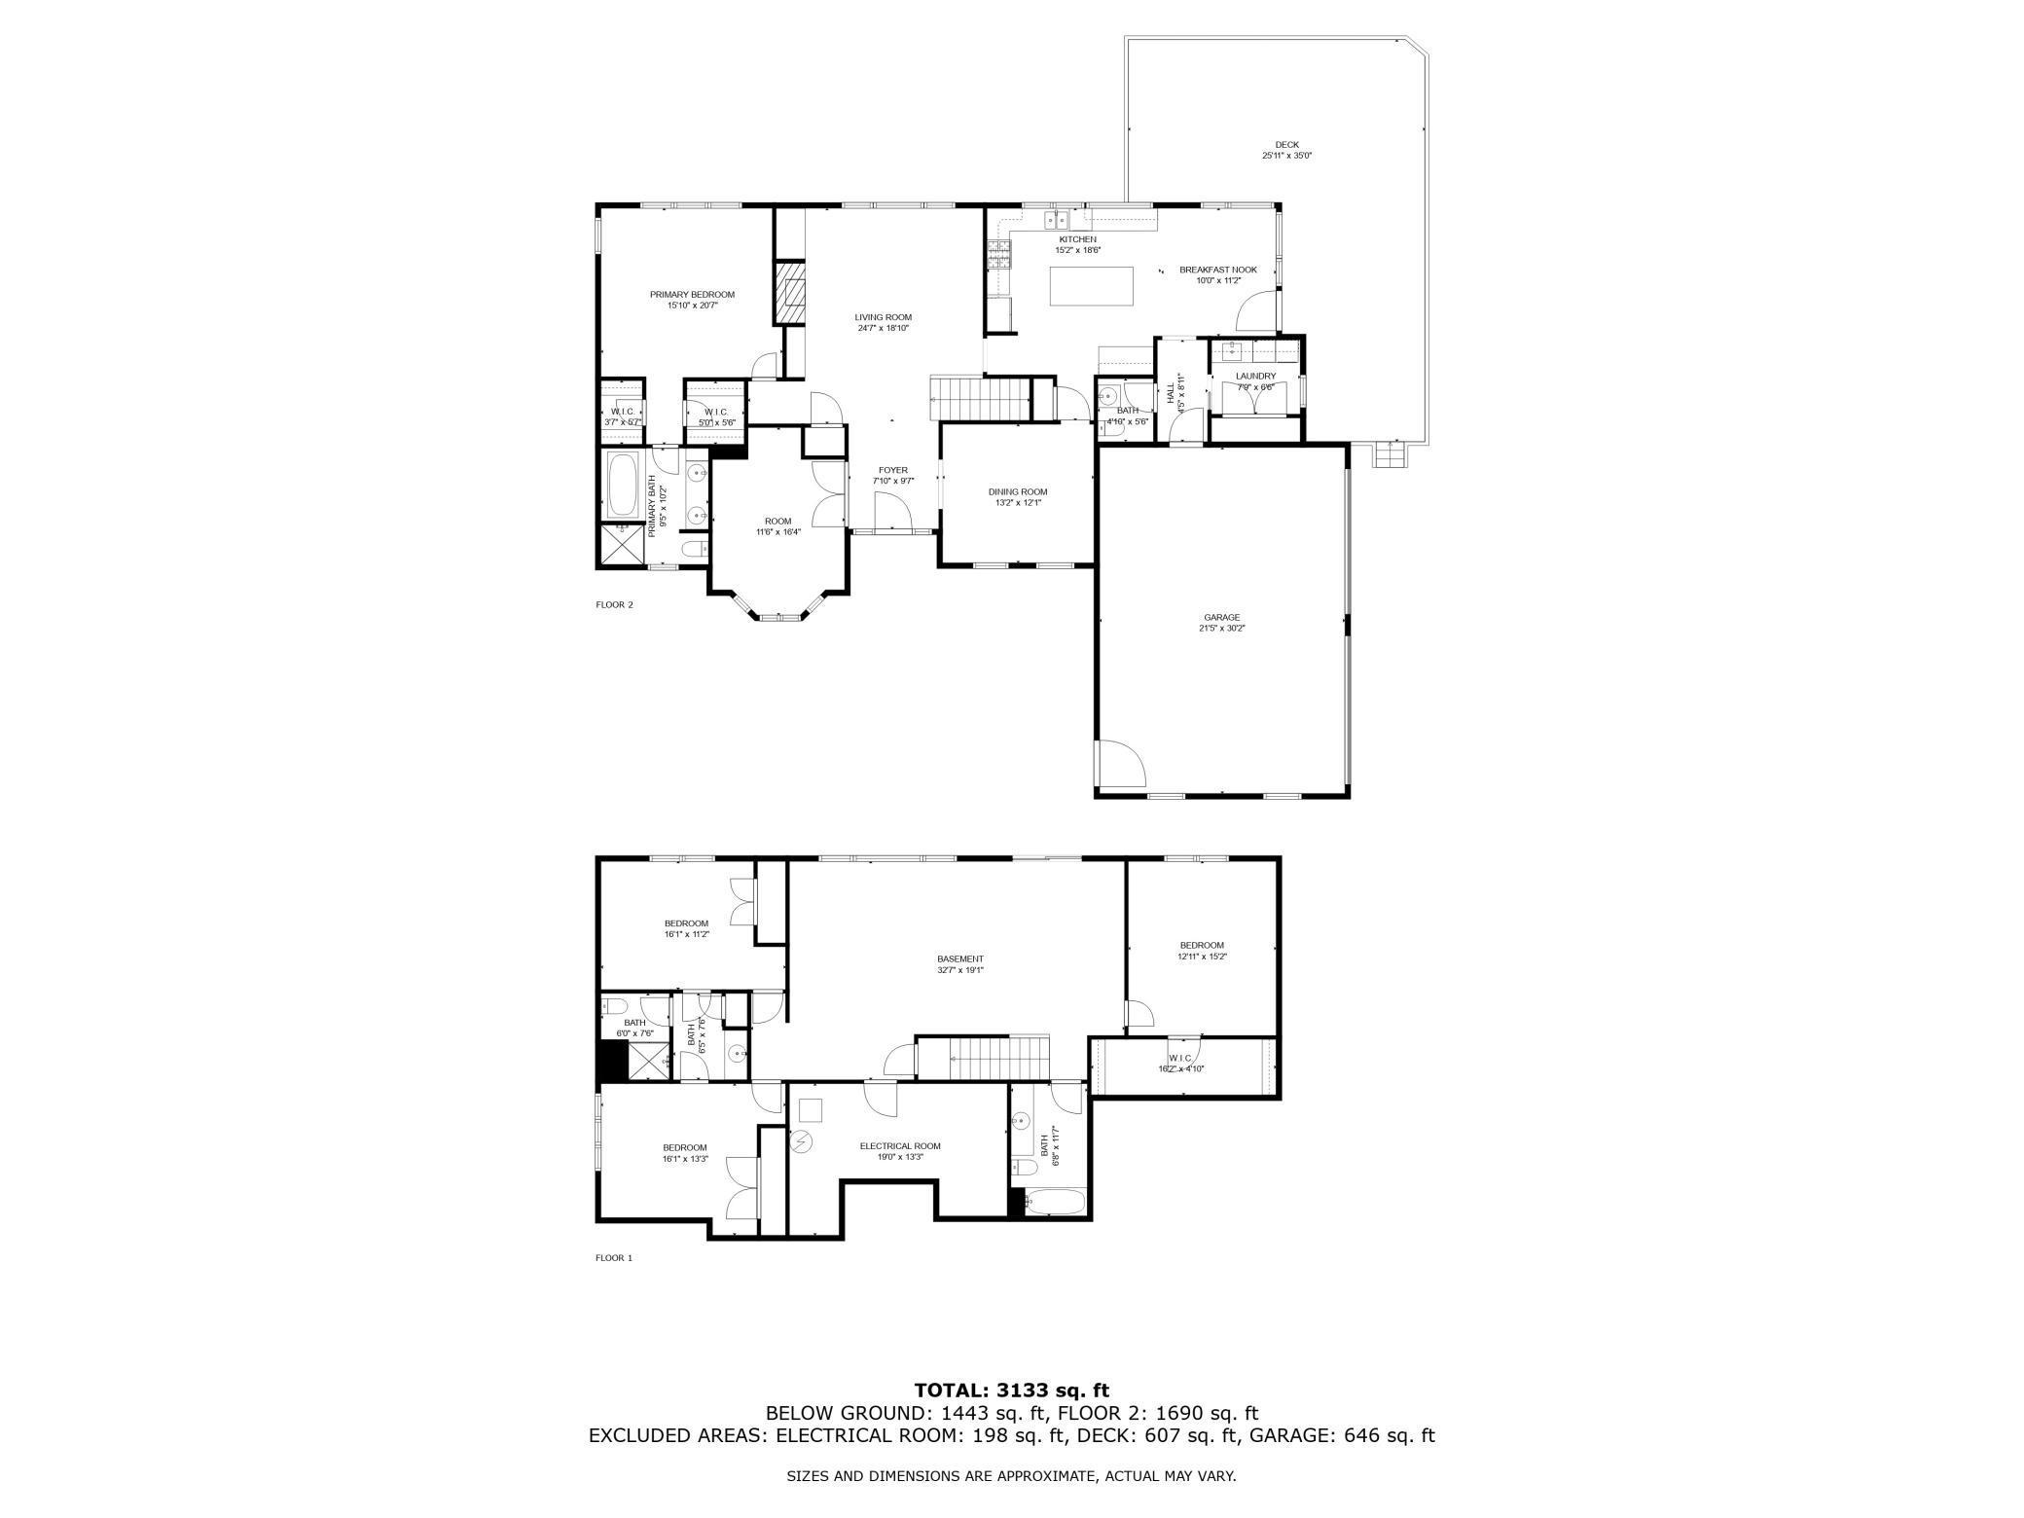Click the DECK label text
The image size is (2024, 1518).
(x=1286, y=145)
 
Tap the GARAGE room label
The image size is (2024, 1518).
(x=1221, y=617)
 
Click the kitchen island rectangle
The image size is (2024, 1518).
(x=1091, y=285)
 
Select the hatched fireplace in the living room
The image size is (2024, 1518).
(x=790, y=292)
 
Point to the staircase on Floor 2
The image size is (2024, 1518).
(x=981, y=398)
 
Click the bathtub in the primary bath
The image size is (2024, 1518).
(x=623, y=483)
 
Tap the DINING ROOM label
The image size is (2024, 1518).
(x=1018, y=491)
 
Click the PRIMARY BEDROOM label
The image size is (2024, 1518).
(x=692, y=295)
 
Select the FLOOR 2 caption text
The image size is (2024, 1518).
(x=614, y=604)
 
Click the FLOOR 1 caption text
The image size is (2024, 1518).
(x=614, y=1257)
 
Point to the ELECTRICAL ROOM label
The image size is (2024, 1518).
(x=900, y=1145)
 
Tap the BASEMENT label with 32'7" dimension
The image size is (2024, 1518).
(x=960, y=958)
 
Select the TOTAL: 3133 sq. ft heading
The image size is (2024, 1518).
(x=1011, y=1391)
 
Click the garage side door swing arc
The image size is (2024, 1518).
(x=1121, y=764)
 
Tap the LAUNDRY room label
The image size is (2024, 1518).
(x=1255, y=376)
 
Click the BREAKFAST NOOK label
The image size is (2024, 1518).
(x=1218, y=270)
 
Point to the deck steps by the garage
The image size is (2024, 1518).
(x=1390, y=454)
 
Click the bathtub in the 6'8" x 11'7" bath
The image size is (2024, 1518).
(x=1057, y=1202)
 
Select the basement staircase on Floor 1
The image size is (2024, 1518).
(x=985, y=1058)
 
